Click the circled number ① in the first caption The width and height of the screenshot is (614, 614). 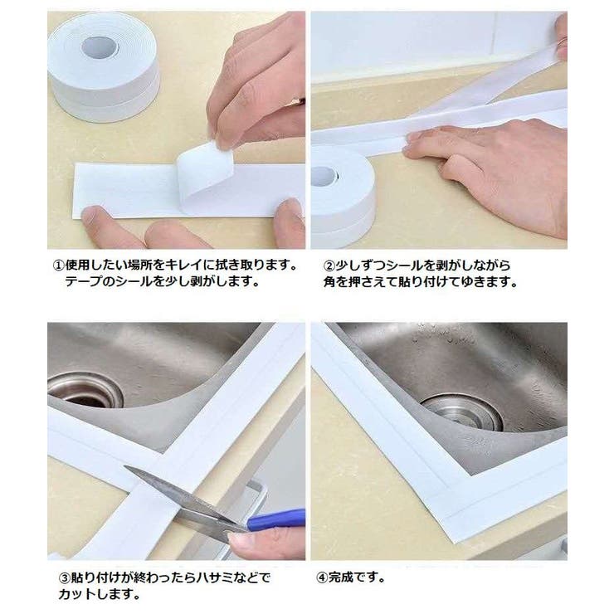tap(58, 266)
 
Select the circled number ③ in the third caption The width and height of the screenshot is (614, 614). tap(58, 577)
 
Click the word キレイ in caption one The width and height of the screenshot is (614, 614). tap(188, 266)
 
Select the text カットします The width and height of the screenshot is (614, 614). tap(96, 594)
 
